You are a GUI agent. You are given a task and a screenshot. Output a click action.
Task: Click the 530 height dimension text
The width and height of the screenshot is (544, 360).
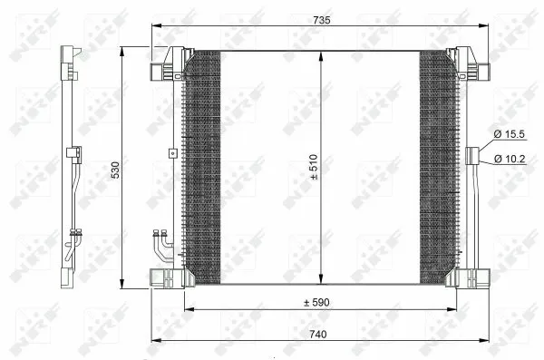pyautogui.click(x=114, y=170)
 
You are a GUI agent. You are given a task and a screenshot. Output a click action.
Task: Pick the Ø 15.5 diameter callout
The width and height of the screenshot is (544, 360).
pyautogui.click(x=509, y=135)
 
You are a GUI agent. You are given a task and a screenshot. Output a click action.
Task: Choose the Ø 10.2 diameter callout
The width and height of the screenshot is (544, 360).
pyautogui.click(x=509, y=160)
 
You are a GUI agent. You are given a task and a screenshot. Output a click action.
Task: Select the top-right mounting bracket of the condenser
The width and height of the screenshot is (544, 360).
pyautogui.click(x=470, y=63)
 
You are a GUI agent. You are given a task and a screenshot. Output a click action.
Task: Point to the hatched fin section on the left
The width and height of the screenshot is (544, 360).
pyautogui.click(x=202, y=168)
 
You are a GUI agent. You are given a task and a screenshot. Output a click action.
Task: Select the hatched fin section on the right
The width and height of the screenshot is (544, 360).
pyautogui.click(x=438, y=168)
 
